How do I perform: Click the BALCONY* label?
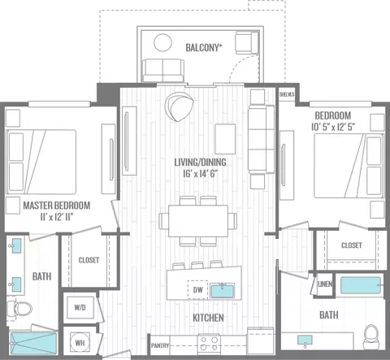click(204, 48)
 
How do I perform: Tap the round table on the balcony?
click(162, 42)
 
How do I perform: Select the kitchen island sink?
click(223, 290)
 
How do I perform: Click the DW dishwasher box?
click(198, 289)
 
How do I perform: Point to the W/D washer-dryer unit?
click(80, 307)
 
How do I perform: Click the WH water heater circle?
click(80, 343)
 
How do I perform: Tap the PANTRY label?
click(160, 345)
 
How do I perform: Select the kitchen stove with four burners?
click(209, 344)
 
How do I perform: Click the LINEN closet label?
click(325, 284)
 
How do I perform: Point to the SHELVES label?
click(287, 94)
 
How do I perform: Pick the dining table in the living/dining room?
click(198, 221)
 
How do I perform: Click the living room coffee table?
click(225, 139)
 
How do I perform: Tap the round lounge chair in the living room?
click(179, 106)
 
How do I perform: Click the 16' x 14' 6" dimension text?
click(201, 174)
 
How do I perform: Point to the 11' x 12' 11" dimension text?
click(57, 217)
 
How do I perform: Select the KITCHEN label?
click(208, 318)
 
